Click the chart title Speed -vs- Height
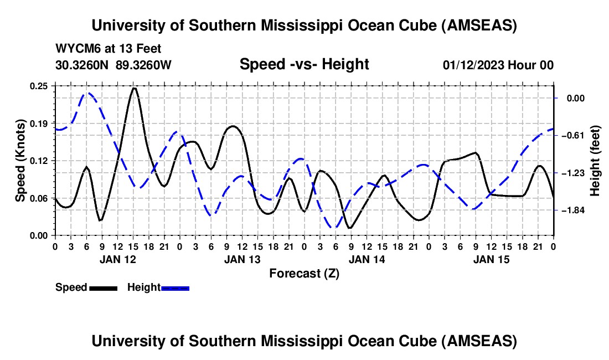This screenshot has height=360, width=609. (304, 64)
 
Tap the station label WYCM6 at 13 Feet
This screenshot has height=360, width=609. (109, 49)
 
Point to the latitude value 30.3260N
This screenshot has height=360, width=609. (82, 65)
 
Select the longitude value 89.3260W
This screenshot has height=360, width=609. (143, 65)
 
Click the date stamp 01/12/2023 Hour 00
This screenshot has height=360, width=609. (498, 65)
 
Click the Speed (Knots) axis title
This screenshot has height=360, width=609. (20, 161)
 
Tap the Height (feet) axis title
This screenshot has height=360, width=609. (596, 161)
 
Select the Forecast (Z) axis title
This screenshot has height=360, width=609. (304, 273)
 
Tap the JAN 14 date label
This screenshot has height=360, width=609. (367, 259)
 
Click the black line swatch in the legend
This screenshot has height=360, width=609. (103, 288)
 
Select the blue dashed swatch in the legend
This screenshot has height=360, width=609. (176, 288)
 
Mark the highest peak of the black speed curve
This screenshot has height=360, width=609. (134, 88)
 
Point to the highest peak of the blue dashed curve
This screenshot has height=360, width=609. (87, 93)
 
